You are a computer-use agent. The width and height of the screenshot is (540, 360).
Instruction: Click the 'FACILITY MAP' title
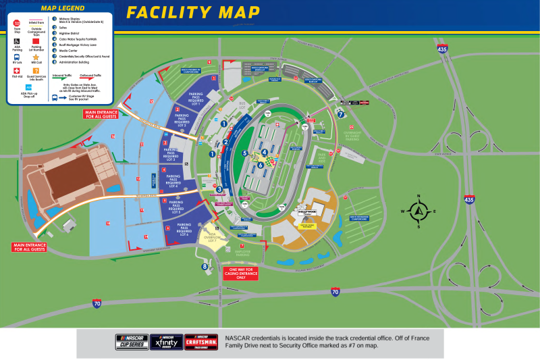(x=193, y=12)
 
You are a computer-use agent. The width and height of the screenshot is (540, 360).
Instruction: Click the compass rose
(x=418, y=211)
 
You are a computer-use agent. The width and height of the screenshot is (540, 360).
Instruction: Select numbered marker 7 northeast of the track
(x=341, y=113)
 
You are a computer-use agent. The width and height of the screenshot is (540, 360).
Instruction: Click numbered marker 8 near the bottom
(x=205, y=266)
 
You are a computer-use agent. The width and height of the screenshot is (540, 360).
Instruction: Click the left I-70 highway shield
(x=97, y=303)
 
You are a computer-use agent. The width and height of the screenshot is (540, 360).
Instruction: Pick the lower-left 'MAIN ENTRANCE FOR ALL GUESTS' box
(x=28, y=248)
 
